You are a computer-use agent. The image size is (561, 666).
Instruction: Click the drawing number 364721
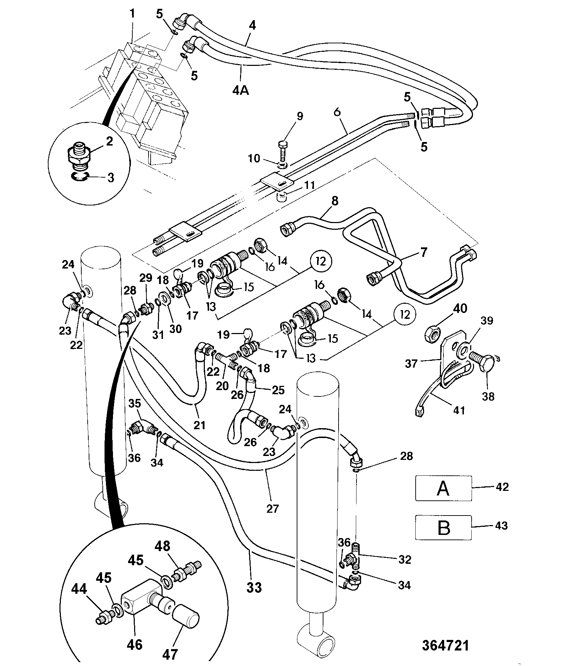click(445, 646)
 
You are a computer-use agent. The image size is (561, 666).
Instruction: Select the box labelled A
click(443, 488)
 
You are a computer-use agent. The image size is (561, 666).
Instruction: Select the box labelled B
click(443, 527)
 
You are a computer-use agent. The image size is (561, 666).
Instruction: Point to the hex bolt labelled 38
click(484, 363)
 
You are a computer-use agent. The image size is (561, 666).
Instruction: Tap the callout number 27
click(273, 508)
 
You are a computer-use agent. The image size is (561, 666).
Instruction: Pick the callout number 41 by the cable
click(460, 410)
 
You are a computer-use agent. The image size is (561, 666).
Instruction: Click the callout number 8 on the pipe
click(334, 201)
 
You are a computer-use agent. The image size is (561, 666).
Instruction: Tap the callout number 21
click(200, 425)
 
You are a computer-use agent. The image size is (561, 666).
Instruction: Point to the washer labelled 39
click(463, 350)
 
